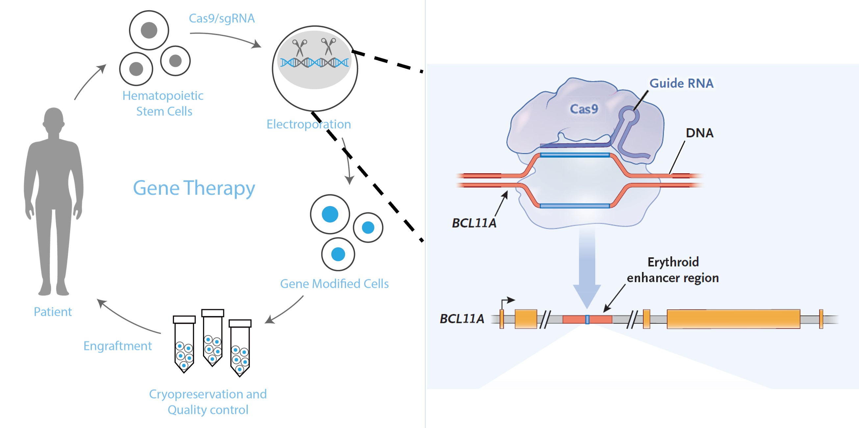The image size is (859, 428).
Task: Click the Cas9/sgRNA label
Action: point(222,18)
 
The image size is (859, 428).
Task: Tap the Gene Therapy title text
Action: point(194,188)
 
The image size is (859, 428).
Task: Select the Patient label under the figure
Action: point(53,312)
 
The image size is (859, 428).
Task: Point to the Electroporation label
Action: point(309,124)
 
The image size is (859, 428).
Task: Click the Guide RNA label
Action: point(681,83)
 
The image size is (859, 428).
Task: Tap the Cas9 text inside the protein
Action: point(584,109)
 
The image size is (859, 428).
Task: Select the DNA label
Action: point(699,133)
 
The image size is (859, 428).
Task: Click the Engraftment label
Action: point(117,346)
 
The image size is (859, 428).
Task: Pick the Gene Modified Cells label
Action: point(334,284)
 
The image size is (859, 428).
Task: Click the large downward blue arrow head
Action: point(587,296)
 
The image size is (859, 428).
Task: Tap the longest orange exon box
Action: point(733,319)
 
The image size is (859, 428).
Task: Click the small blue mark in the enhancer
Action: point(587,320)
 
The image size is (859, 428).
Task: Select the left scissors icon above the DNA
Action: point(299,47)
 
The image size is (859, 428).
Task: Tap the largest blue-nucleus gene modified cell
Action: point(330,214)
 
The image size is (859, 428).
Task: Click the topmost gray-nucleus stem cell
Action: point(149,30)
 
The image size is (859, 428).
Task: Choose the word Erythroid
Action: point(673,262)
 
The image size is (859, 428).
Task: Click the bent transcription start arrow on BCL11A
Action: point(507,301)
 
